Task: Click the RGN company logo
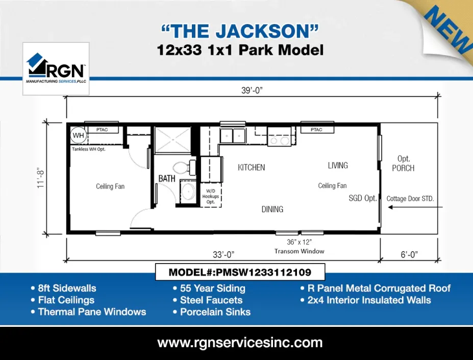tap(56, 68)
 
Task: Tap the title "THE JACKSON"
tap(240, 31)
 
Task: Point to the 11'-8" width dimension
tap(41, 177)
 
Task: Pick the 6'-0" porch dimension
tap(409, 254)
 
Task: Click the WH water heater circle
tap(78, 135)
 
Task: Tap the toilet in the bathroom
tap(182, 167)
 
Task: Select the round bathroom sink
tap(187, 193)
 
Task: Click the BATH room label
tap(167, 179)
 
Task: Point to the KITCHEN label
tap(251, 167)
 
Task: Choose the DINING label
tap(272, 209)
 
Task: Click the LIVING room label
tap(338, 165)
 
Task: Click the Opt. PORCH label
tap(403, 163)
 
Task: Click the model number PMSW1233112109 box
tap(240, 273)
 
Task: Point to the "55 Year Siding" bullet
tap(213, 289)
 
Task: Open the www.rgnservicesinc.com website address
tap(240, 342)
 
